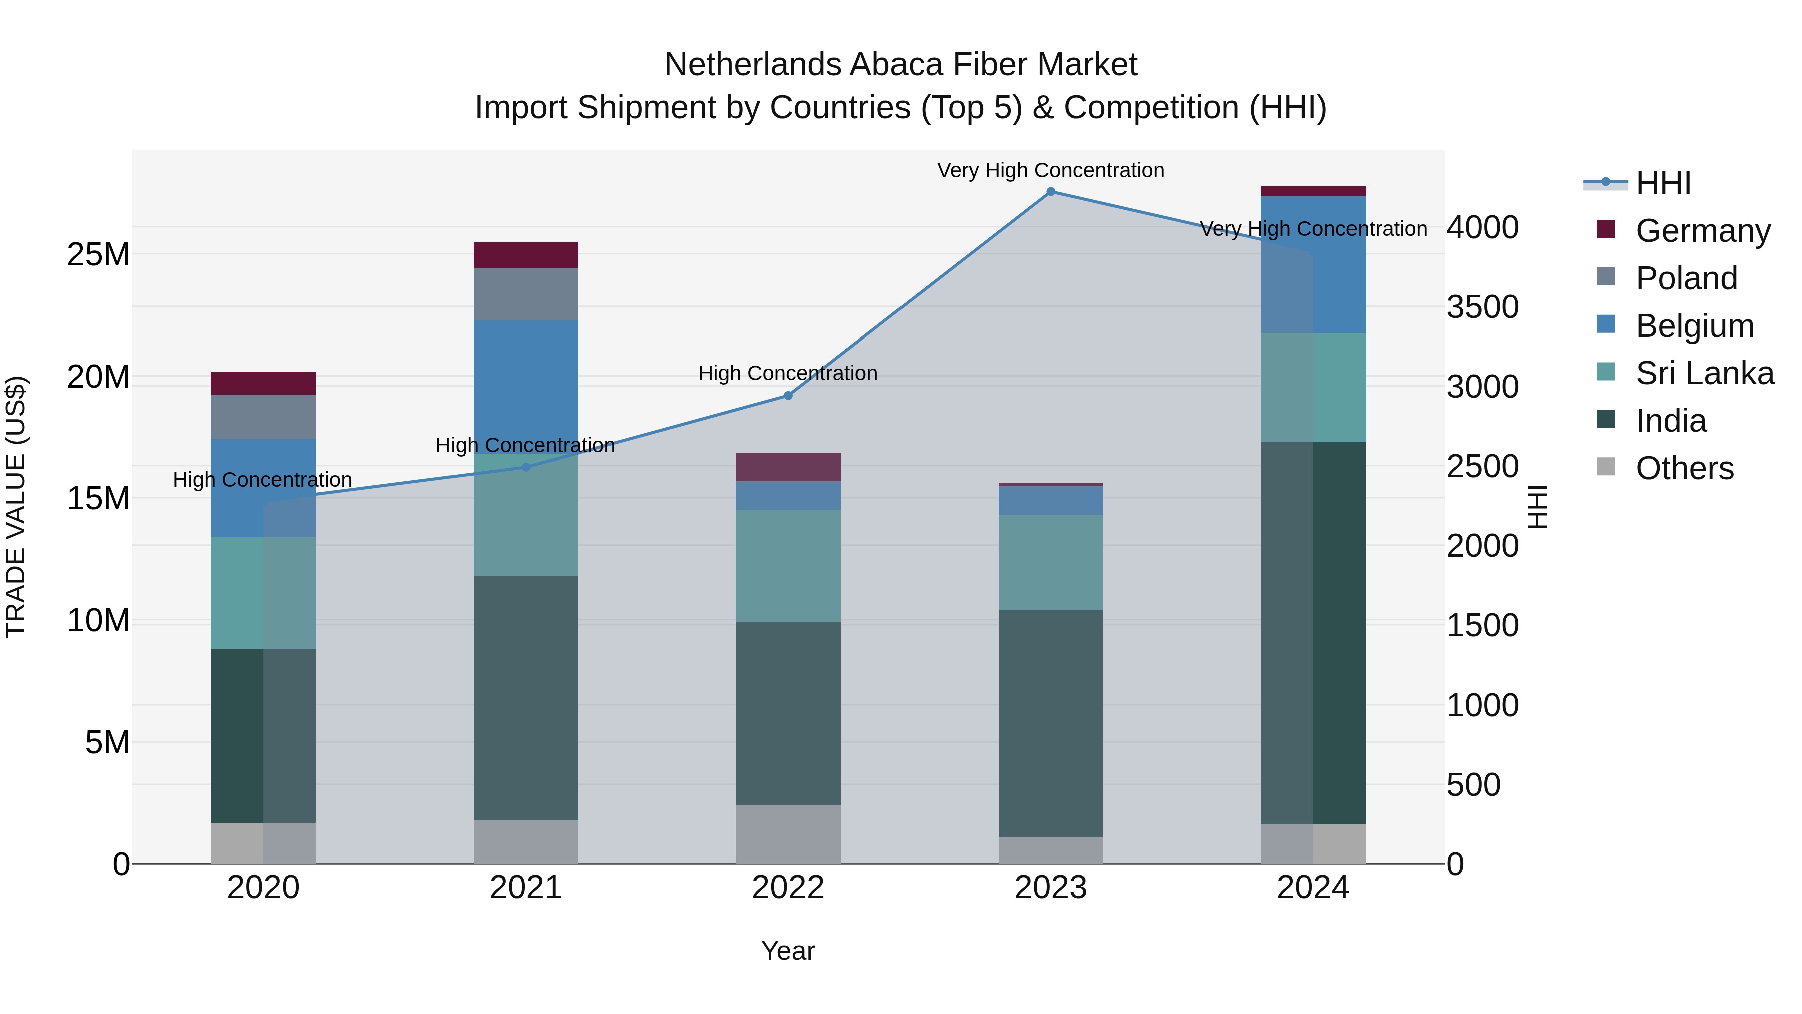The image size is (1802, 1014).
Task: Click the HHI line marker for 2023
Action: (1050, 192)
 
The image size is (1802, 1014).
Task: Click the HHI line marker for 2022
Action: (788, 396)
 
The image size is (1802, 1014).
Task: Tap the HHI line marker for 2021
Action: (526, 467)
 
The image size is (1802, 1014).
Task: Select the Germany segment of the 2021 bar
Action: (526, 255)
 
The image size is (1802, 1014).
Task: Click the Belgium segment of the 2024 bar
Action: (1312, 264)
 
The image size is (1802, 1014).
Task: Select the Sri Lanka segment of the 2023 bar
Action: (1050, 563)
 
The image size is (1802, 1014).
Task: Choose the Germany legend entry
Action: (1703, 230)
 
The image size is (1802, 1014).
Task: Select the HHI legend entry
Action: (1663, 183)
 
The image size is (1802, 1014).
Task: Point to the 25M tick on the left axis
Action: (98, 255)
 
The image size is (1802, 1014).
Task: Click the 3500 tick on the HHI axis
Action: (1482, 307)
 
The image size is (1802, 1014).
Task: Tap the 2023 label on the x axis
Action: (1050, 888)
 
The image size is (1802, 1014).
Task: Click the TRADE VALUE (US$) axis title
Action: (16, 507)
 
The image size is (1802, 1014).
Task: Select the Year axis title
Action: (788, 951)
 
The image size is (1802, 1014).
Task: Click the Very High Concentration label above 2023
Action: (1050, 170)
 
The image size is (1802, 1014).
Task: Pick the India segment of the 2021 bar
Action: (526, 698)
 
